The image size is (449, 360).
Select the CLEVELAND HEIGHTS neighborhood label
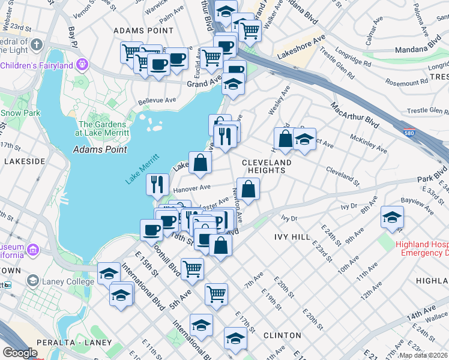(x=267, y=166)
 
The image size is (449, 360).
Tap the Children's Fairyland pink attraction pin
(x=82, y=65)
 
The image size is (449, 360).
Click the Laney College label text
(x=59, y=281)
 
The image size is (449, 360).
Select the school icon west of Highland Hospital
(x=392, y=218)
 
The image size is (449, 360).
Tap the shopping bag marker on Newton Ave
(x=248, y=188)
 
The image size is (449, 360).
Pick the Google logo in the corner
(x=20, y=353)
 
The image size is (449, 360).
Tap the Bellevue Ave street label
(x=157, y=100)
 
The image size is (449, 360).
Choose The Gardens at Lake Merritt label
(x=108, y=128)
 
